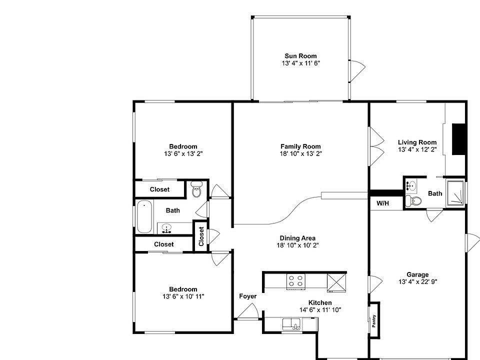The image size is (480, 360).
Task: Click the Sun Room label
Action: coord(300,56)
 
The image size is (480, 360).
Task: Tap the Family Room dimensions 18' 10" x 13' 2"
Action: coord(300,154)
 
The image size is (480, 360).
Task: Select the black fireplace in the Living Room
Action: coord(459,139)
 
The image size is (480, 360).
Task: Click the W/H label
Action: coord(382,203)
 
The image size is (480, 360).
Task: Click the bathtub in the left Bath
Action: coord(144,217)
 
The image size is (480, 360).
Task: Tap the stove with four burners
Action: coord(296,281)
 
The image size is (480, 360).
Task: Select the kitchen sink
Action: coord(290,324)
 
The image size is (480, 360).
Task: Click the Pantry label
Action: coord(373,320)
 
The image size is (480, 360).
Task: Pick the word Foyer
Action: coord(247,296)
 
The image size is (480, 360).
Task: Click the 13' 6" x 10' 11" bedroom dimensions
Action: coord(183,296)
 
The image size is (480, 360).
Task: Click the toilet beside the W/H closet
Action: coord(414,201)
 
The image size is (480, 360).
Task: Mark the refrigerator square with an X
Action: coord(336,282)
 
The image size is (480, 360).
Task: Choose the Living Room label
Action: coord(417,142)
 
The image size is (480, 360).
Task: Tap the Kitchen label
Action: coord(319,303)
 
